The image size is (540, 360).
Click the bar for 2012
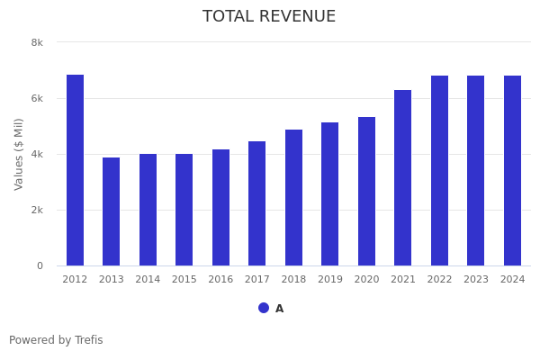75,170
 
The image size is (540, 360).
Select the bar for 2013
112,211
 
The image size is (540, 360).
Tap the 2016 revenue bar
220,207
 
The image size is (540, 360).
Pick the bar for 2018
293,197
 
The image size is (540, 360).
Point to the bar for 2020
366,191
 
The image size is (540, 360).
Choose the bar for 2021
403,177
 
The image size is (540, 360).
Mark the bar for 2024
512,170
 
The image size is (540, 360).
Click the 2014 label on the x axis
148,280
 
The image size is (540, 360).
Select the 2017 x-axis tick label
257,280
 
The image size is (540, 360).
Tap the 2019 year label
330,280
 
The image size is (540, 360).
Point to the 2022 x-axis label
439,280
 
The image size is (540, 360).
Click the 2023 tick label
476,280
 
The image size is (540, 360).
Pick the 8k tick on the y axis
37,42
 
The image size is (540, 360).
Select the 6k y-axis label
37,98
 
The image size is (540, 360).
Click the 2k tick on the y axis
37,210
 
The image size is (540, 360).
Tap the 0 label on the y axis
40,265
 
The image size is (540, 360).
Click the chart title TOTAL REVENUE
269,17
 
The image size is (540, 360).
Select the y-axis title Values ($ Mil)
19,154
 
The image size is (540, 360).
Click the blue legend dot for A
264,308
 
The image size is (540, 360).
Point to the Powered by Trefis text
56,340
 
